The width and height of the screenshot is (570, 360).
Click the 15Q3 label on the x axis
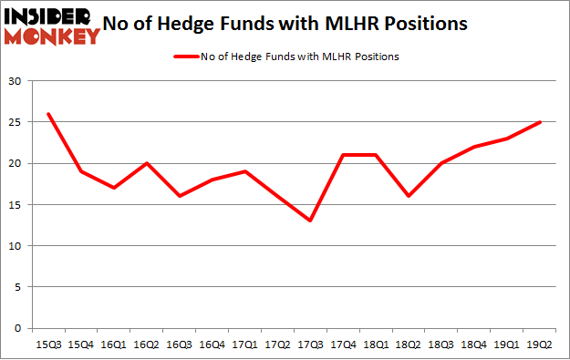tap(47, 344)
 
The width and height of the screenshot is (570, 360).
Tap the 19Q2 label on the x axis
tap(541, 344)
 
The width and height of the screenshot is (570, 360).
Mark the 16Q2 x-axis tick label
tap(147, 344)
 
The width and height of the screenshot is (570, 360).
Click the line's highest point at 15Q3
tap(47, 114)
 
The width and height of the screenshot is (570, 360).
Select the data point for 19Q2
tap(541, 122)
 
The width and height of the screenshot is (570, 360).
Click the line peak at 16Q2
tap(147, 163)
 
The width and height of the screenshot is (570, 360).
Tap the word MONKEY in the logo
tap(53, 37)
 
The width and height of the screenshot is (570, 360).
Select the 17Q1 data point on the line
tap(245, 171)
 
